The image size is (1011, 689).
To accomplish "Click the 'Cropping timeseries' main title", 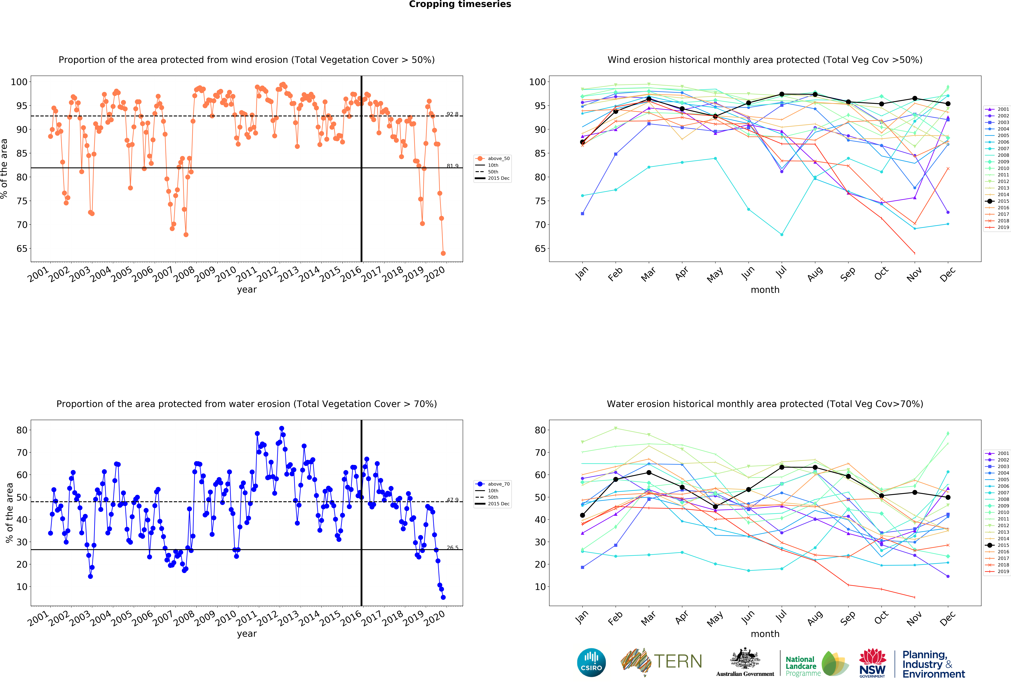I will [x=460, y=4].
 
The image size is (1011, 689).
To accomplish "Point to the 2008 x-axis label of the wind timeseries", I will [x=184, y=274].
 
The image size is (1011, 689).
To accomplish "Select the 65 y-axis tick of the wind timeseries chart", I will [x=22, y=249].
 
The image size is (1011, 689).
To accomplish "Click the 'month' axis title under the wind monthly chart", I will [x=765, y=290].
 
